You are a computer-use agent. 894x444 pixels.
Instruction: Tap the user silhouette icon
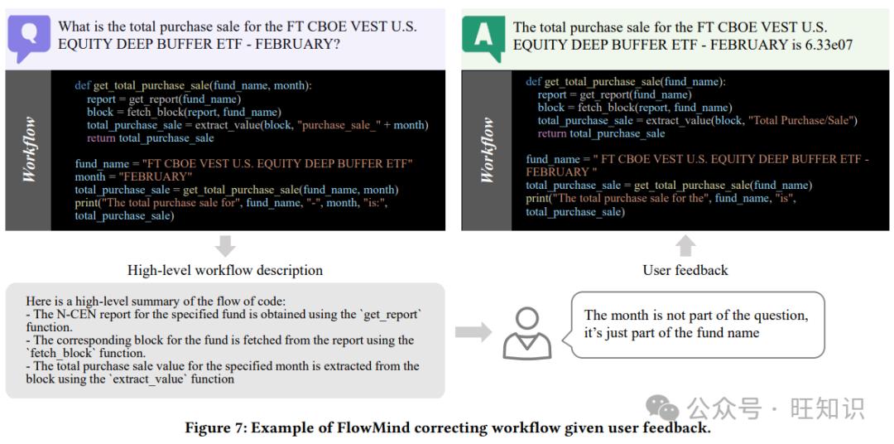(527, 333)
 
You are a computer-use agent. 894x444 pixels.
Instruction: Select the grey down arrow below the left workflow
(226, 246)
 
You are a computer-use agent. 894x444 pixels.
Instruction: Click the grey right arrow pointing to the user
(473, 332)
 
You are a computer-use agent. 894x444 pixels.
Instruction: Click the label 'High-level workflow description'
(225, 270)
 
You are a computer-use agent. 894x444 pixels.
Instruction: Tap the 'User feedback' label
(685, 270)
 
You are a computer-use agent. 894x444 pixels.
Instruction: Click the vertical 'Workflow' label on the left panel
(28, 150)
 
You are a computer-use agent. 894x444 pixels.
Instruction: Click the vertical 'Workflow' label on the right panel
(487, 150)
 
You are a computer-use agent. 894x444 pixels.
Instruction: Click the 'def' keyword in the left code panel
(83, 85)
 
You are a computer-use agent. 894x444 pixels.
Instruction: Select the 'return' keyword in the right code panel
(552, 133)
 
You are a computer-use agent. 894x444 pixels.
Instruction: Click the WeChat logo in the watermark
(662, 408)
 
